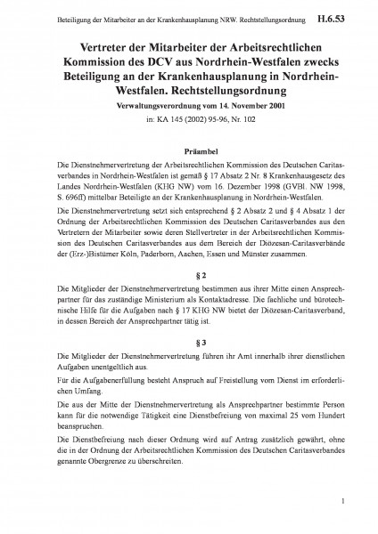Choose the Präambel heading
click(x=188, y=152)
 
